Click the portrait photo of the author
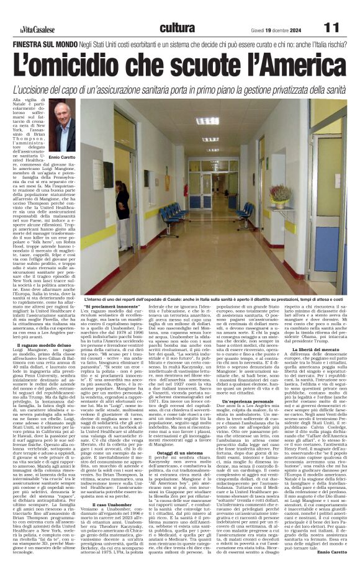(63, 127)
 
